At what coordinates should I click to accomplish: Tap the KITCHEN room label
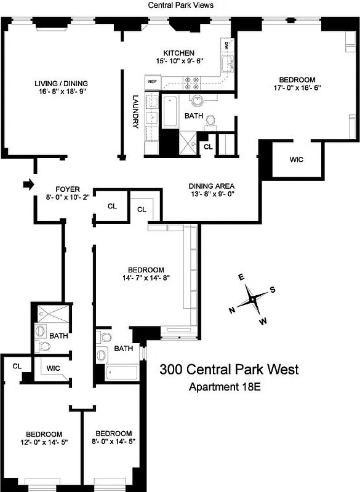[178, 53]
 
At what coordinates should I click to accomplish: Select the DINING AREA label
[211, 186]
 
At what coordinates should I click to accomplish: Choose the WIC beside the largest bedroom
[297, 159]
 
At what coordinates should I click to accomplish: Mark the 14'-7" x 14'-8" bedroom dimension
[145, 278]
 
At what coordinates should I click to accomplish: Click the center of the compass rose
[252, 300]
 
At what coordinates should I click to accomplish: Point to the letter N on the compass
[233, 311]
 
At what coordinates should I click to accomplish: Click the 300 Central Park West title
[229, 370]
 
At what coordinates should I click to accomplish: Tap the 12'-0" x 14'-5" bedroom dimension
[44, 442]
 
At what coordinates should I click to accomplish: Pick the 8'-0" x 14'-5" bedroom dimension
[113, 442]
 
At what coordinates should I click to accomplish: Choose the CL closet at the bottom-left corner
[17, 366]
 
